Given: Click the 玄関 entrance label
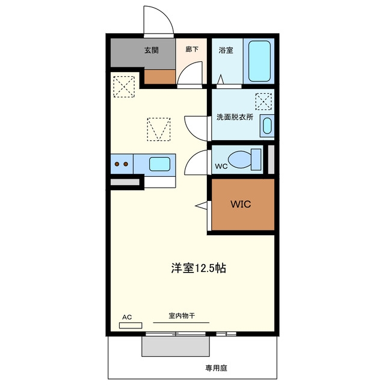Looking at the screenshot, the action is coord(151,51).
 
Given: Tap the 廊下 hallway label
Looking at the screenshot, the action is coord(192,49).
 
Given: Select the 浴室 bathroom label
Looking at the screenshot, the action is coord(226,51).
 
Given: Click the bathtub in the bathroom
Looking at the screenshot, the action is coord(259,61).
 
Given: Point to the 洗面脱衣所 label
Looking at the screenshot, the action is coord(235,117).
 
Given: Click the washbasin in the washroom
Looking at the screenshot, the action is coord(267,126).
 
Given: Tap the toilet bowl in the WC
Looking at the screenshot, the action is coord(239,159).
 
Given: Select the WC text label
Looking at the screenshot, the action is coord(221,167).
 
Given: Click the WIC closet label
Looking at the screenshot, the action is coord(241,204).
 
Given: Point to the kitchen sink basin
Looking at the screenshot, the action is coord(159,164).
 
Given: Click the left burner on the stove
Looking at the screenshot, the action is coord(117,164).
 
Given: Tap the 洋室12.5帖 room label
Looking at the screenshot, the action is coord(199,268).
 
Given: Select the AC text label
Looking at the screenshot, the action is coord(127,317).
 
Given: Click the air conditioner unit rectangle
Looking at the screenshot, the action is coord(131,325).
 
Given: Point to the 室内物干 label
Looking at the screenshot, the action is coord(182,315).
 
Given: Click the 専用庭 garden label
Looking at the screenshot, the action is coord(216,368).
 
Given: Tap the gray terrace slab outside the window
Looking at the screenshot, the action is coord(176,346).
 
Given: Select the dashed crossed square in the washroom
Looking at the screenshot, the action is coord(263,102).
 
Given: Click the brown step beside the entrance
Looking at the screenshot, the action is coord(159,76).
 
